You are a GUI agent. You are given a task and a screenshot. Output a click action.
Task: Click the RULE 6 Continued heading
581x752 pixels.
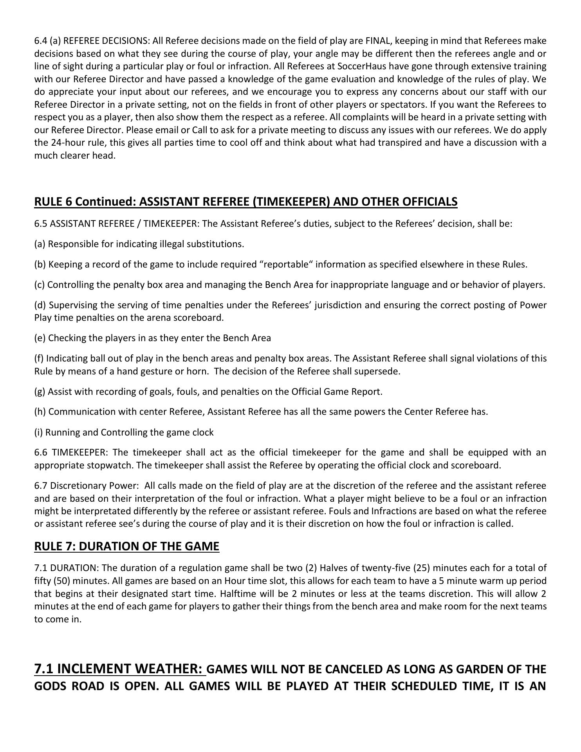click(245, 201)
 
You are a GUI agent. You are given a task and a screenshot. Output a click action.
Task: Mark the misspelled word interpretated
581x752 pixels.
click(103, 511)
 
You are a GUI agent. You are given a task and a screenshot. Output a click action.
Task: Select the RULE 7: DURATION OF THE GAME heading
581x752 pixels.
click(126, 546)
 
